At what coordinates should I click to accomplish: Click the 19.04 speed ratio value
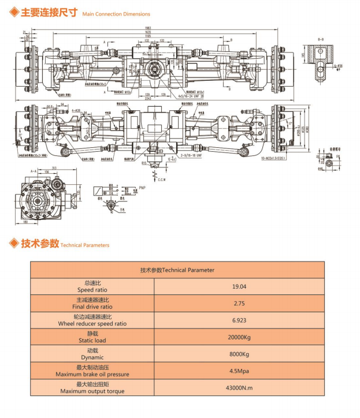click(x=240, y=286)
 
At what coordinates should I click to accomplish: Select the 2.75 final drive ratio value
click(x=240, y=303)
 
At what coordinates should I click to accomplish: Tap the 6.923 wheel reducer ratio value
click(x=240, y=319)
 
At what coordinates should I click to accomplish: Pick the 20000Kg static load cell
click(x=240, y=337)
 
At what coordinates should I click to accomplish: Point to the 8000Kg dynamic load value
click(x=240, y=353)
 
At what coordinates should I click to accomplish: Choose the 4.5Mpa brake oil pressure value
click(x=240, y=371)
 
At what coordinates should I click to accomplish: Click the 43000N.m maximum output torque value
click(x=240, y=387)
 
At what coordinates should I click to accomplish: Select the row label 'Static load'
click(x=92, y=341)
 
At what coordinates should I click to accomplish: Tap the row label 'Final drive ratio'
click(x=92, y=307)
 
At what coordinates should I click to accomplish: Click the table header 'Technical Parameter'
click(x=177, y=270)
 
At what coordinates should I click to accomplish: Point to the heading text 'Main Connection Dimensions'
click(x=116, y=14)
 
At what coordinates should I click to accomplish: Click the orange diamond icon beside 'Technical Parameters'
click(x=12, y=244)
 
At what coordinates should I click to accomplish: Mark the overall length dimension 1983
click(x=149, y=29)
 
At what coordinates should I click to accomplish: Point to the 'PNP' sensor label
click(x=142, y=188)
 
